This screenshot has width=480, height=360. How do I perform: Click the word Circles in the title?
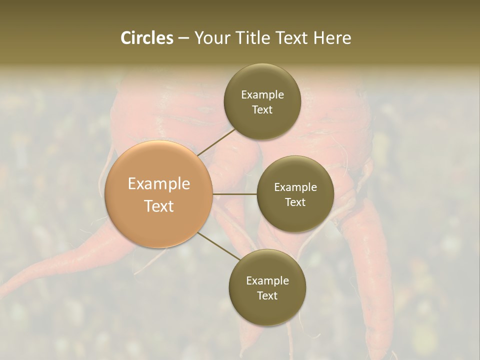147,38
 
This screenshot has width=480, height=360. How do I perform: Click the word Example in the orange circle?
159,184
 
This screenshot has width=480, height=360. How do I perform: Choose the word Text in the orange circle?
159,206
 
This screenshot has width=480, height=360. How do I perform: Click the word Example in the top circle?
262,95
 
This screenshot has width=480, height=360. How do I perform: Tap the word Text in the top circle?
262,110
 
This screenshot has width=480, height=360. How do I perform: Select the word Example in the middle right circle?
295,187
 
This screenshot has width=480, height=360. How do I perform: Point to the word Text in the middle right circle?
295,202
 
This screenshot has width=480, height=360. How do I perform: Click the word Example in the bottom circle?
267,281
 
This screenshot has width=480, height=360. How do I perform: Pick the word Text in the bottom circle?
267,295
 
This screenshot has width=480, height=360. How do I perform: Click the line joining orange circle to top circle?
216,141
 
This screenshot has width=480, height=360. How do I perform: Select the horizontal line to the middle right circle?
235,194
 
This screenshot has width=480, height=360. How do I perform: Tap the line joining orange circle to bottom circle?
219,246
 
